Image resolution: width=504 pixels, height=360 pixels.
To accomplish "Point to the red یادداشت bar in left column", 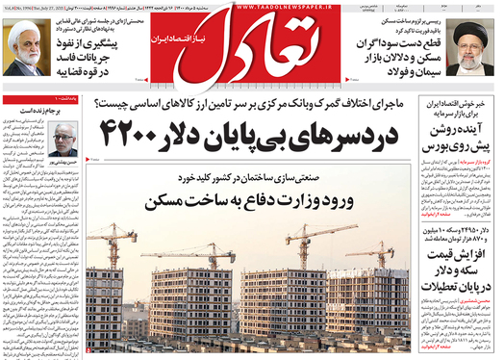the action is (x=38, y=100).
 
